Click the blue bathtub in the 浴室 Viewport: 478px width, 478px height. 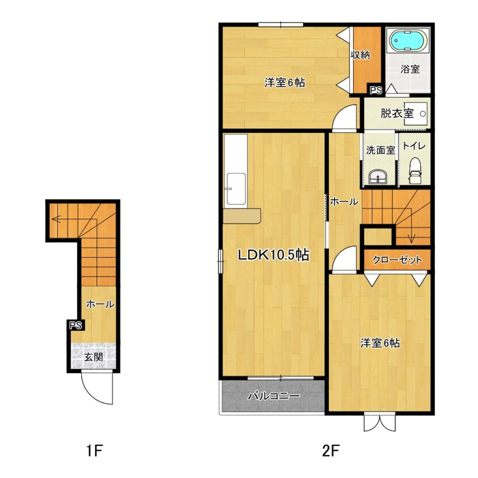tap(408, 41)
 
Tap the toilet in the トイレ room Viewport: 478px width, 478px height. tap(415, 170)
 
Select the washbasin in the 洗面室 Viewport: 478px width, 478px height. tap(378, 177)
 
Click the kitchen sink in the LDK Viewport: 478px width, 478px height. tap(236, 189)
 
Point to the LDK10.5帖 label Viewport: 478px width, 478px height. tap(274, 255)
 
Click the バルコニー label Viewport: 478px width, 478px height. tap(274, 396)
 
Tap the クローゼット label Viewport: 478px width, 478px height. tap(397, 260)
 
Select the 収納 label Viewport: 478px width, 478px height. tap(360, 55)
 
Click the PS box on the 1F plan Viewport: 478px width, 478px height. tap(76, 325)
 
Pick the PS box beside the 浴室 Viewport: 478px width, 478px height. tap(376, 90)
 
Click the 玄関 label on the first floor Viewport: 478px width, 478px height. tap(93, 357)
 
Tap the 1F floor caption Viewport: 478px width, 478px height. tap(94, 450)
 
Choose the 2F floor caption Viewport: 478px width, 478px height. tap(331, 450)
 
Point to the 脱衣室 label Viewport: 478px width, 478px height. tap(397, 114)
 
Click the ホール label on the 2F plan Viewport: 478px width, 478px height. tap(344, 201)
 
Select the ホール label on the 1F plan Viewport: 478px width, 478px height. tap(100, 304)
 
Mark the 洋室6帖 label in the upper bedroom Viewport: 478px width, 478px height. tap(285, 82)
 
